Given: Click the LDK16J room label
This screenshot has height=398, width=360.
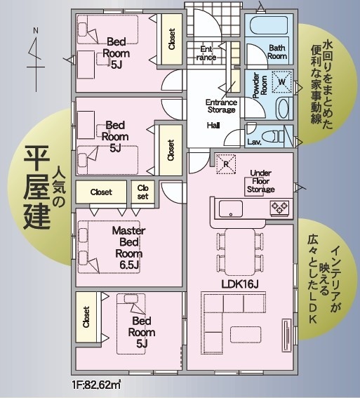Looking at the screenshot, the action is click(240, 284).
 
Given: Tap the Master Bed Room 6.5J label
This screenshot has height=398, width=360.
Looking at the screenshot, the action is click(128, 248).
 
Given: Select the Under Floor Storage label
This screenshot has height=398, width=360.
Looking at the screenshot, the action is click(261, 181).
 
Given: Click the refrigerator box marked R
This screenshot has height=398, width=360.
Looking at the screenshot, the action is click(226, 164).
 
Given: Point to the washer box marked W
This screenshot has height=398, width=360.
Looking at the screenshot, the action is click(281, 81).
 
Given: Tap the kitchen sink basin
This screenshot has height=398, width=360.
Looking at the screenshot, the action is click(231, 209).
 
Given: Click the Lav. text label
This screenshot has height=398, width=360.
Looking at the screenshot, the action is click(254, 142).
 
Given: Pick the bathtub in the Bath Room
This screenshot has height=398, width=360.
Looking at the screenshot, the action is click(269, 26).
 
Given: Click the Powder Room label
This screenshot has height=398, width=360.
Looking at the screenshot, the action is click(260, 86).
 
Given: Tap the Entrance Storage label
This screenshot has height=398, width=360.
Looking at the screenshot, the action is click(221, 106).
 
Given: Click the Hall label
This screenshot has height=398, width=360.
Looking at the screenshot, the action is click(213, 126).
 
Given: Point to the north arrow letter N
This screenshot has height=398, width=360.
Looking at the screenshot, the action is click(36, 30).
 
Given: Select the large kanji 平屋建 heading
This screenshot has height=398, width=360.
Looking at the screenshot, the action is click(36, 187).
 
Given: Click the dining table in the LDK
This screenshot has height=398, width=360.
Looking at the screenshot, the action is click(240, 252).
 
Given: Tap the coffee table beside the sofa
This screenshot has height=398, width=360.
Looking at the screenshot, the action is click(246, 335).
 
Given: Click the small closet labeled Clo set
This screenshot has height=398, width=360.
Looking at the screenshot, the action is click(143, 192).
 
